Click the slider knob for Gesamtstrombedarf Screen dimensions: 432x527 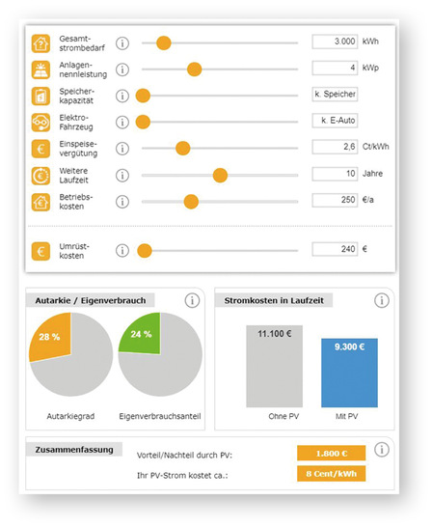click(164, 43)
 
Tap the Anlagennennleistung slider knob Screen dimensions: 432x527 click(195, 69)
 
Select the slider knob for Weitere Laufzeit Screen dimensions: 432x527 click(220, 175)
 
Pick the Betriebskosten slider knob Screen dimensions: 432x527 click(191, 202)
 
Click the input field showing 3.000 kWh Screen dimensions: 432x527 click(335, 42)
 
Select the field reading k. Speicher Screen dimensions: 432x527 click(335, 95)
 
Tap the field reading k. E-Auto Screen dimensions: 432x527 click(335, 121)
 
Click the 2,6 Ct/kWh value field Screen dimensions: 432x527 click(335, 147)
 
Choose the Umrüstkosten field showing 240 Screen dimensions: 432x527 click(335, 249)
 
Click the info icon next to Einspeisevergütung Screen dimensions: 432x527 click(122, 149)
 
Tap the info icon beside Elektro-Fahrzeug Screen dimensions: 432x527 click(122, 122)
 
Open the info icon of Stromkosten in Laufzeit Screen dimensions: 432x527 click(382, 300)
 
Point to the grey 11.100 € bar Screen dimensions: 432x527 click(274, 367)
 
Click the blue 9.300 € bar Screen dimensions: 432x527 click(349, 374)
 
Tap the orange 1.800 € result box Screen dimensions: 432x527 click(332, 453)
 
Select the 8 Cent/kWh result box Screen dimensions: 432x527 click(332, 474)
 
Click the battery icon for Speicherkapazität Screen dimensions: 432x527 click(40, 97)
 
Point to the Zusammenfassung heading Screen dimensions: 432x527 click(74, 450)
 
